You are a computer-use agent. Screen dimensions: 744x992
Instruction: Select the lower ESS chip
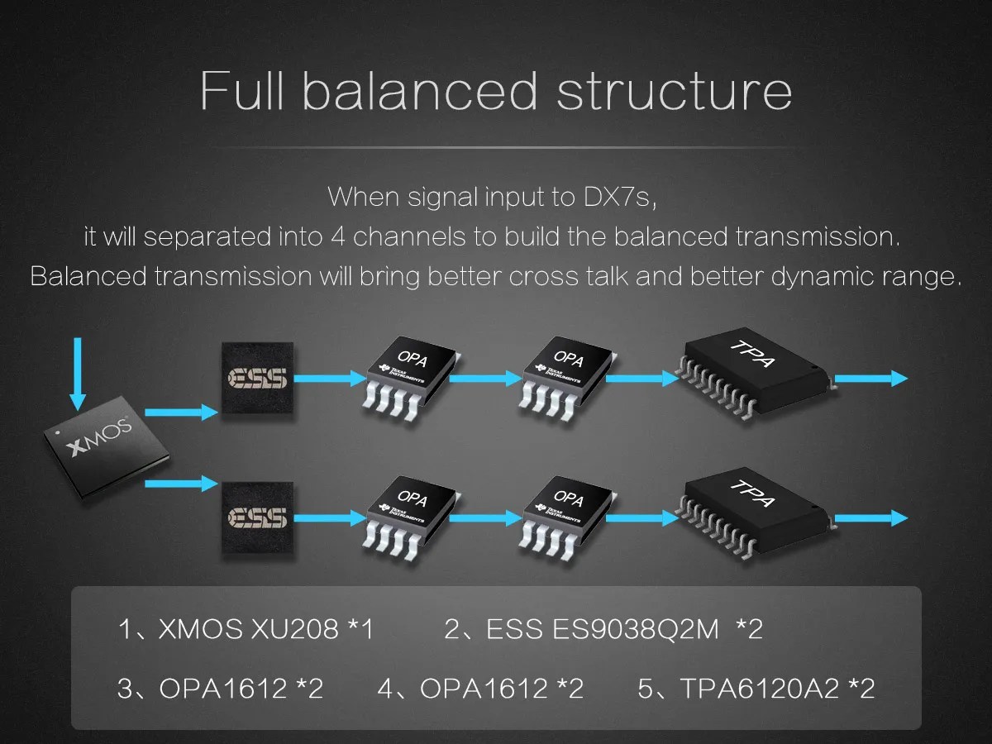click(257, 517)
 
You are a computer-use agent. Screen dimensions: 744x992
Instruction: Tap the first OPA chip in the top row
click(409, 373)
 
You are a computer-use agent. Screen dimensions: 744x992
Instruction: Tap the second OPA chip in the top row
click(567, 373)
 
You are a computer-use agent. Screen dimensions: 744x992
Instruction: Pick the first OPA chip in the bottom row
click(409, 513)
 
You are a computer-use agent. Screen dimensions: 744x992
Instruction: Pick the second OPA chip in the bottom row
click(567, 513)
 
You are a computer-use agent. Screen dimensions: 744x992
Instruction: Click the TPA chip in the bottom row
click(754, 510)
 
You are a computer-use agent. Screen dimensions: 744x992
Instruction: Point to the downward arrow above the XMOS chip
click(77, 373)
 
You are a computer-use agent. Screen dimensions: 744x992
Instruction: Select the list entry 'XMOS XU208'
click(248, 630)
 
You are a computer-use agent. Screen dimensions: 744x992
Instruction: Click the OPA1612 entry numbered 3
click(223, 688)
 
